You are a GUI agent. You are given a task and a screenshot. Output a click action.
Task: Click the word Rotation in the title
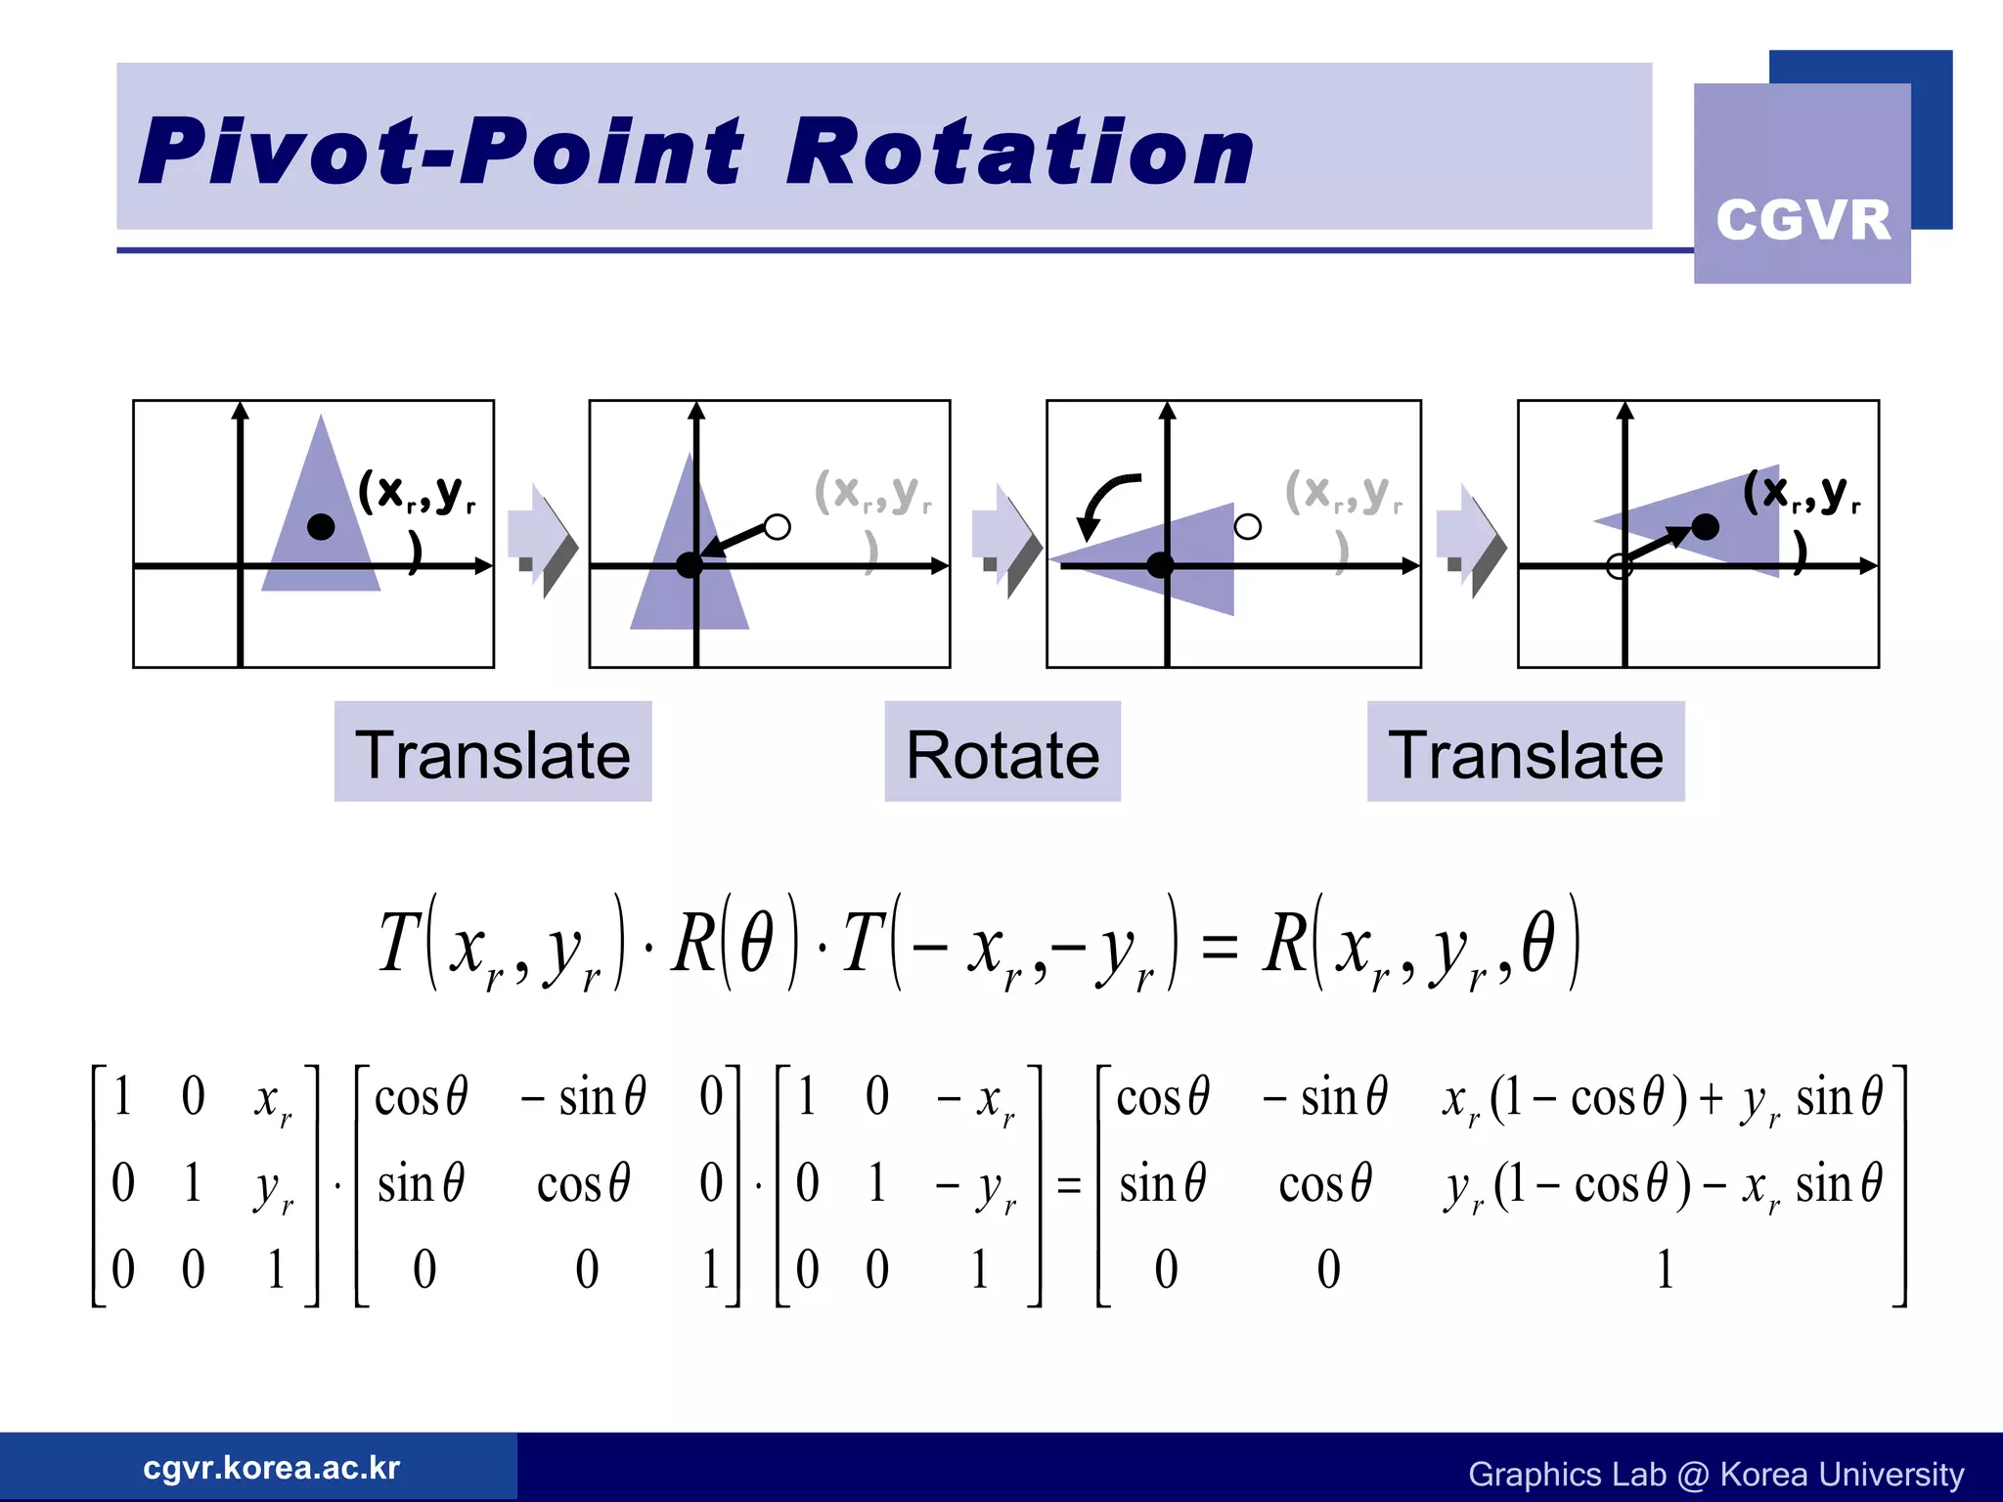[x=1019, y=152]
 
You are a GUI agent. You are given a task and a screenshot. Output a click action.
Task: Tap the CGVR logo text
[x=1803, y=219]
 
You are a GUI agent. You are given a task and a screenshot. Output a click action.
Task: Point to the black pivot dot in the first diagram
[x=321, y=527]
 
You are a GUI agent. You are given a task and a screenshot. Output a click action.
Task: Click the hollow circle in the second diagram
[x=777, y=527]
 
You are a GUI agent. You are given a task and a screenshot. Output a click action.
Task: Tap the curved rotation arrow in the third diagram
[x=1103, y=504]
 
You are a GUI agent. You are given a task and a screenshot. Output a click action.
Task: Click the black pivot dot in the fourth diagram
[x=1705, y=527]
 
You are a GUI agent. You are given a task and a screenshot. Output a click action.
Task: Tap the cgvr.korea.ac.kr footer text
[x=271, y=1468]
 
